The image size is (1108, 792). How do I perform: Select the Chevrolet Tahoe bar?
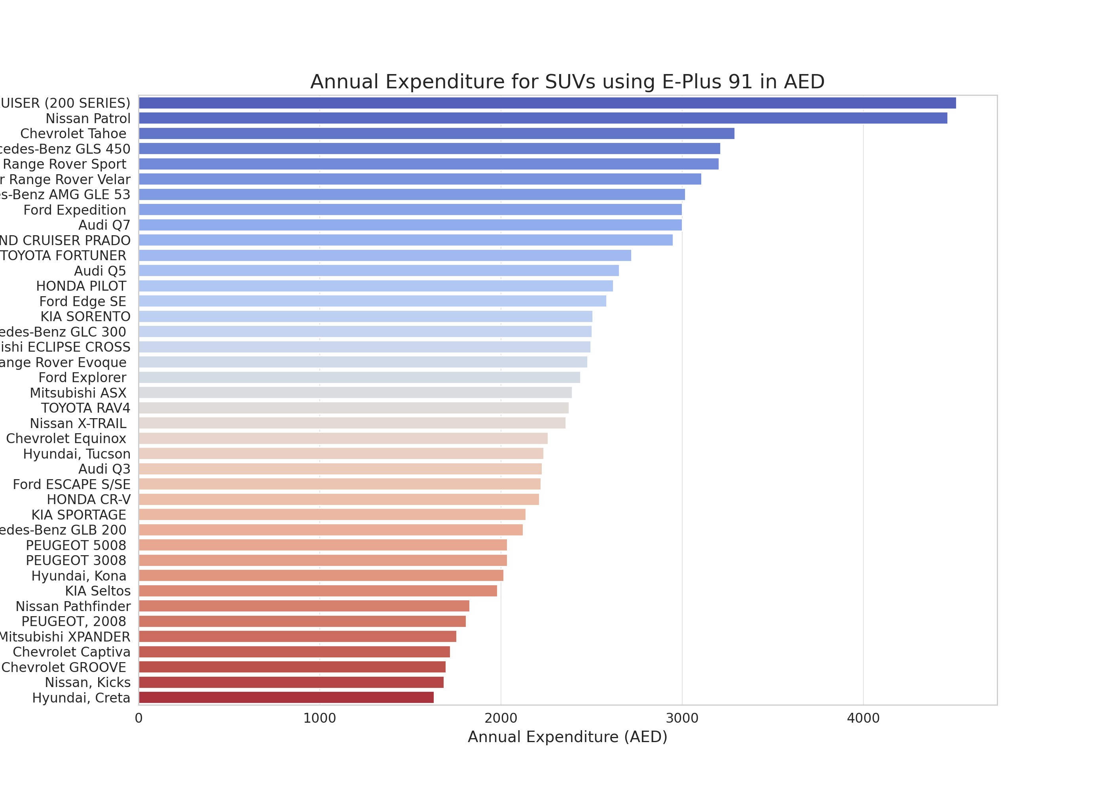436,133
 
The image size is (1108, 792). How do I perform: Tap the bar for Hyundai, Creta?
286,697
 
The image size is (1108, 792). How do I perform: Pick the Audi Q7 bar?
410,225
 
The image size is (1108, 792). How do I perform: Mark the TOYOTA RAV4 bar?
353,408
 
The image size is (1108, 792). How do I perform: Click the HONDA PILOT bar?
376,286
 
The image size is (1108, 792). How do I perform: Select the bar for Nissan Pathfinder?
304,606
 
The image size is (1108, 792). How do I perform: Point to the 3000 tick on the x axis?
682,718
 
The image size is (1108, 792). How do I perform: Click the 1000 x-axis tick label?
320,718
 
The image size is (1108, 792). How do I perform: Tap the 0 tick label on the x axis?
139,718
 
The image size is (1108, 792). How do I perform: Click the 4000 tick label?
863,718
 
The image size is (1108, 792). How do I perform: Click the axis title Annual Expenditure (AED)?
567,737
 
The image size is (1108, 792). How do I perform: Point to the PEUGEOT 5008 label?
76,545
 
